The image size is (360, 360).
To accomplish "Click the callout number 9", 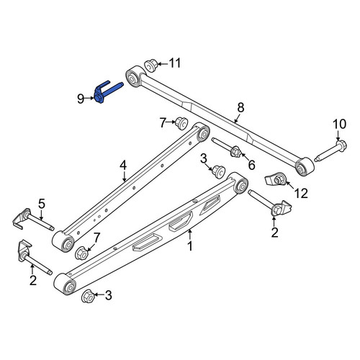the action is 81,99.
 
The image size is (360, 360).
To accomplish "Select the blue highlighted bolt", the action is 106,92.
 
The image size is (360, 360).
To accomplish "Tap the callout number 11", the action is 174,63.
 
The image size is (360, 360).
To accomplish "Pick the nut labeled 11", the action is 150,65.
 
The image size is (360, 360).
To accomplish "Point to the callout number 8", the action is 240,107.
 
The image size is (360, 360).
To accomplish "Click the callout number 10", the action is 340,124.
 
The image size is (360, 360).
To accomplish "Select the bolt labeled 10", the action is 330,151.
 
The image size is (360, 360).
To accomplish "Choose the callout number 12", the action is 301,193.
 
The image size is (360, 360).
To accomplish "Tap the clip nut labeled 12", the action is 276,180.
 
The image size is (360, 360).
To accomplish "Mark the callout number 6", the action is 251,165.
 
